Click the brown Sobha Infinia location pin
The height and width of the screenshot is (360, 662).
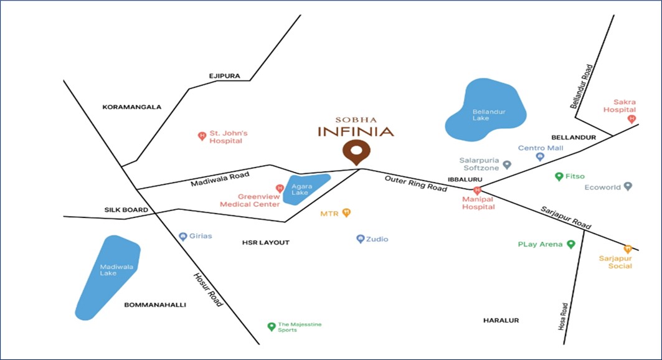[x=356, y=152]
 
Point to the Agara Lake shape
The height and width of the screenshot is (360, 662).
[x=305, y=188]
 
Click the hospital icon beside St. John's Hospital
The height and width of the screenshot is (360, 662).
[x=201, y=136]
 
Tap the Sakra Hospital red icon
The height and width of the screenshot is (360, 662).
[x=631, y=118]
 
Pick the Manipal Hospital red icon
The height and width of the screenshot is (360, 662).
[x=477, y=190]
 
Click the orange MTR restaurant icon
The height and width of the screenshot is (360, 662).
[x=347, y=213]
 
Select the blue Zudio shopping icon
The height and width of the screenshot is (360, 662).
[x=360, y=239]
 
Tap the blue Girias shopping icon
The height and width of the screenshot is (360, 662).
[x=182, y=236]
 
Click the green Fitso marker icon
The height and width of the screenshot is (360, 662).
[x=559, y=176]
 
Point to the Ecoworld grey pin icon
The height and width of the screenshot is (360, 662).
[x=628, y=186]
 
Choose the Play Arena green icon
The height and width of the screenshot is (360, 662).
[x=570, y=244]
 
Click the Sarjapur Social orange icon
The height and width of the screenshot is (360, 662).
[x=628, y=249]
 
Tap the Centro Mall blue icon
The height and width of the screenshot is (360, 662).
[x=540, y=157]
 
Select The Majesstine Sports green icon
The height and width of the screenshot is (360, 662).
[x=271, y=327]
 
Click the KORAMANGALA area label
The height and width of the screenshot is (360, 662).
[x=131, y=107]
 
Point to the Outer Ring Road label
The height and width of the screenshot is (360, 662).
[x=415, y=183]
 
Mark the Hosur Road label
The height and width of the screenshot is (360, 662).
[x=207, y=290]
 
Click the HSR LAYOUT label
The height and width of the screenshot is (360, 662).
[x=266, y=242]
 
